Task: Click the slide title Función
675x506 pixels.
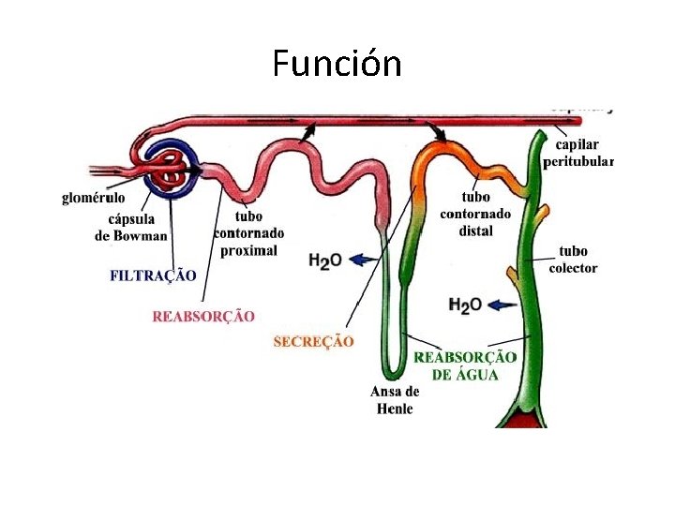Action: coord(337,64)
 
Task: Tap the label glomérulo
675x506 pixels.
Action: coord(93,199)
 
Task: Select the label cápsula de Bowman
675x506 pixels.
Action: coord(131,227)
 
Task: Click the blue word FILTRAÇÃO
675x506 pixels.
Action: coord(153,275)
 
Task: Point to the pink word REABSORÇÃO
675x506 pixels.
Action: coord(202,316)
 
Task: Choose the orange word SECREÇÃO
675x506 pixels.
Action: coord(313,342)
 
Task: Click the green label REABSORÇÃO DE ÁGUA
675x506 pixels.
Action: coord(465,365)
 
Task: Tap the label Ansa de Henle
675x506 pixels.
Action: coord(395,400)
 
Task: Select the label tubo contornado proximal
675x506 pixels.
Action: coord(248,233)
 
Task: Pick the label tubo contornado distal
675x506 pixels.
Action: coord(475,214)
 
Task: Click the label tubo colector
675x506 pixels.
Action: coord(573,259)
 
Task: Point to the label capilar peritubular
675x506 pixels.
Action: coord(577,153)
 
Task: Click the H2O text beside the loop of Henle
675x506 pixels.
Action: coord(325,260)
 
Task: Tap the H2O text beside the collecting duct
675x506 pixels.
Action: coord(465,305)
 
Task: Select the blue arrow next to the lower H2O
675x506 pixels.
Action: coord(502,304)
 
